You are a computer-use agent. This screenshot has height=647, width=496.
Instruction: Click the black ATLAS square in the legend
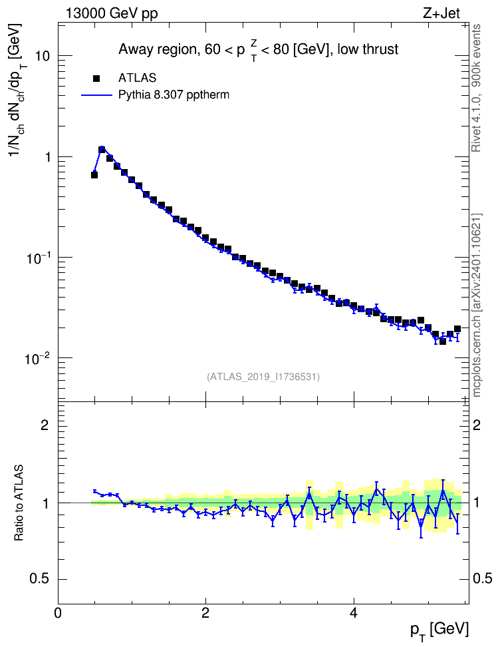(x=96, y=79)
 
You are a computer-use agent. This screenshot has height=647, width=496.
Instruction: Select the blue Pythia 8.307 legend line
(x=96, y=95)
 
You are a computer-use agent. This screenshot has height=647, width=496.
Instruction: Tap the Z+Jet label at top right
(x=441, y=13)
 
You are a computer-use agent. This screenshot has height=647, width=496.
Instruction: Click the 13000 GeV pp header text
(x=111, y=13)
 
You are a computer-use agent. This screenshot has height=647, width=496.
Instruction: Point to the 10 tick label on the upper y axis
(x=42, y=56)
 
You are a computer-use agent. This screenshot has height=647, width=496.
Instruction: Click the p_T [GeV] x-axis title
(x=439, y=631)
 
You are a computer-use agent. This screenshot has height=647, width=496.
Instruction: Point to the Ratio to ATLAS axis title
(x=19, y=503)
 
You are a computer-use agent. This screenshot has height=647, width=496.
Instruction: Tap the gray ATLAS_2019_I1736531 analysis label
(x=263, y=377)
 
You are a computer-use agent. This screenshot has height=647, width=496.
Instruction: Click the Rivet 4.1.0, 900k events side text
(x=477, y=88)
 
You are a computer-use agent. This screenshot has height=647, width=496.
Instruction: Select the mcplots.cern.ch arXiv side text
(x=477, y=305)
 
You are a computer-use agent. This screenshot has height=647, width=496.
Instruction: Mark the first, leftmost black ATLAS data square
(x=94, y=175)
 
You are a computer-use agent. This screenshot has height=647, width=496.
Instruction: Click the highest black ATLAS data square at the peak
(x=102, y=149)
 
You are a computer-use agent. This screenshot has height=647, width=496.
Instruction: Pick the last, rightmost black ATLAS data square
(x=457, y=329)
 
